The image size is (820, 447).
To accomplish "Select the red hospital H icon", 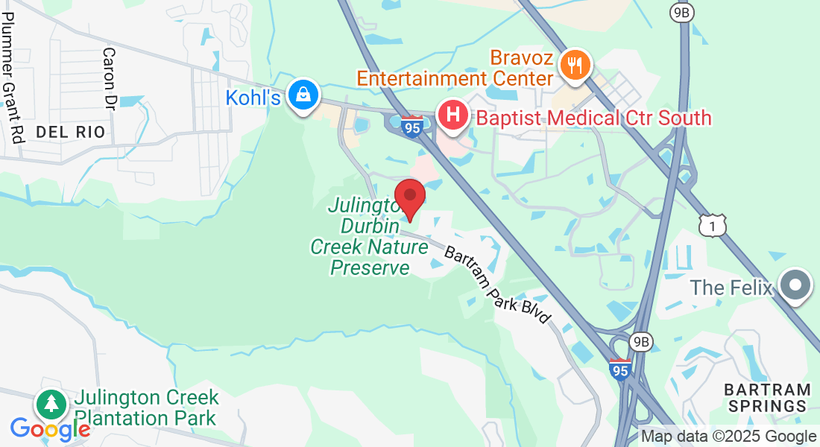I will pyautogui.click(x=452, y=116).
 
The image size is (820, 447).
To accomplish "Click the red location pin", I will pyautogui.click(x=409, y=198).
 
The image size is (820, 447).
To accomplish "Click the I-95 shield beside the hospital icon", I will pyautogui.click(x=411, y=127).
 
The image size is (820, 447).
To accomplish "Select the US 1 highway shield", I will pyautogui.click(x=713, y=225).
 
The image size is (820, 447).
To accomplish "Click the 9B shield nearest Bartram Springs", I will pyautogui.click(x=640, y=342).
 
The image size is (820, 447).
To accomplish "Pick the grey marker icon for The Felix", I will pyautogui.click(x=795, y=286).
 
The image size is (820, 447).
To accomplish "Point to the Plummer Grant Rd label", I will pyautogui.click(x=14, y=83).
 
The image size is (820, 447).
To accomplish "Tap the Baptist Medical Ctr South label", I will pyautogui.click(x=593, y=118).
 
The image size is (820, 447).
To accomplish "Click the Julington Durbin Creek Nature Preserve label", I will pyautogui.click(x=370, y=235).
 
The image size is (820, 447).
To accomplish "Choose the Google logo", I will pyautogui.click(x=51, y=429).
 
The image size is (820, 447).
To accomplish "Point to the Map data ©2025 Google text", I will pyautogui.click(x=728, y=437).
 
